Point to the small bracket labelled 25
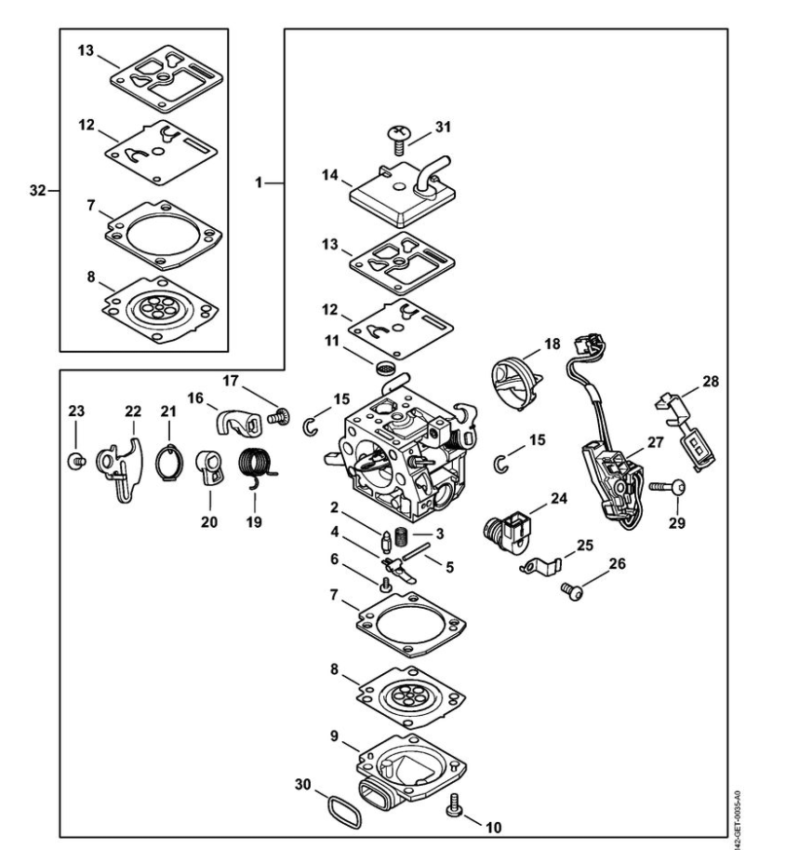pos(537,562)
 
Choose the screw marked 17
pos(275,418)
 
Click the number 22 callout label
pos(132,411)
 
